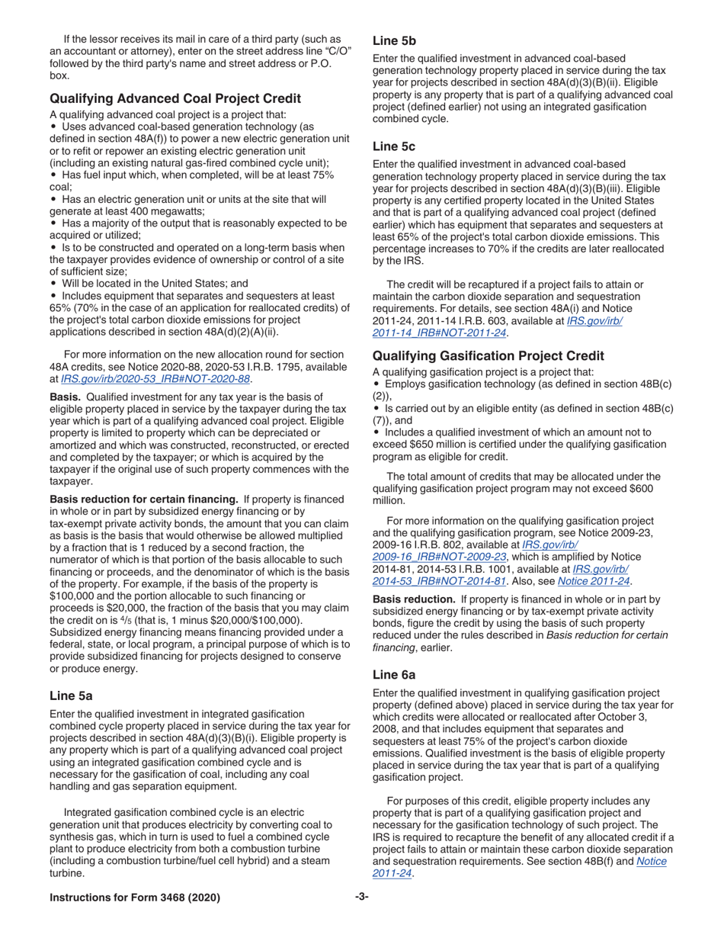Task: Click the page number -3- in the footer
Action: (362, 898)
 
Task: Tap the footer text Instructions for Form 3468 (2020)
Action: (135, 898)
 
